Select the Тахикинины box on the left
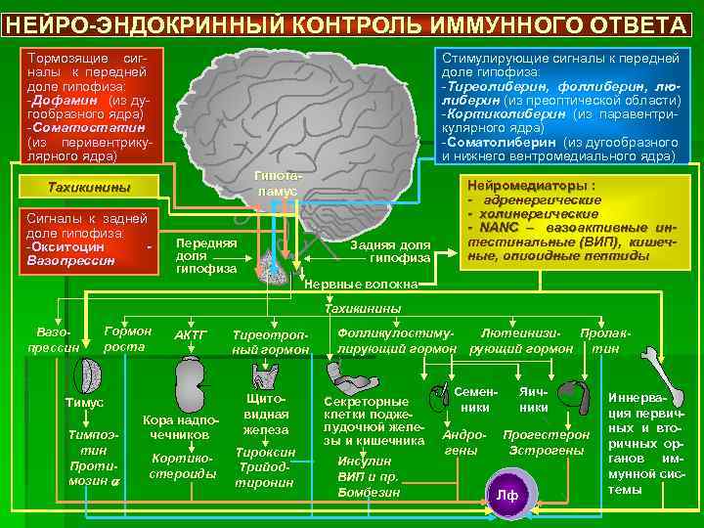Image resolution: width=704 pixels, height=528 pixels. [89, 187]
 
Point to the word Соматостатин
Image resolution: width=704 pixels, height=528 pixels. [89, 127]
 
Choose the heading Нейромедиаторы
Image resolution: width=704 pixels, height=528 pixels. [532, 185]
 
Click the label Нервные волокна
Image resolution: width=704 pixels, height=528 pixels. [363, 285]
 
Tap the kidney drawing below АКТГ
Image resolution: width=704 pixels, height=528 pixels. [188, 375]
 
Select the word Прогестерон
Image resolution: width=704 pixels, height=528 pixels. [546, 434]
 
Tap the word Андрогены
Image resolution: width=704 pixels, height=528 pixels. [460, 442]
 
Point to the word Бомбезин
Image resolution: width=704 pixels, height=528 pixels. [369, 492]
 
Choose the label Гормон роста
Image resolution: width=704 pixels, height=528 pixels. [127, 338]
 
